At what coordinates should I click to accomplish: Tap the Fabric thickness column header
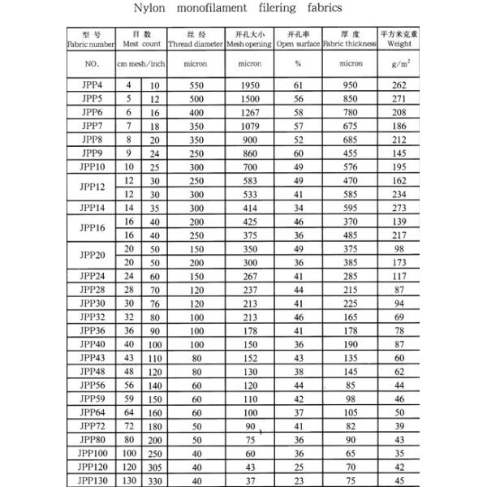[350, 43]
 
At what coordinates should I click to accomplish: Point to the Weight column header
[399, 43]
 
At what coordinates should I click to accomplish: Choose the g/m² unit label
[399, 62]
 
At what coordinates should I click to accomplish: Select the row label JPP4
[92, 84]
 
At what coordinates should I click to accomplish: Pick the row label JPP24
[92, 276]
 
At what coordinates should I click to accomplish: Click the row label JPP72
[92, 425]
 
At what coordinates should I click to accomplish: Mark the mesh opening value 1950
[248, 84]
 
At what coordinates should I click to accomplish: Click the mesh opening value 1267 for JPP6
[248, 111]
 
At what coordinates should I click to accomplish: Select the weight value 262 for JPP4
[399, 84]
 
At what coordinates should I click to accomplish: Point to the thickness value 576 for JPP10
[350, 166]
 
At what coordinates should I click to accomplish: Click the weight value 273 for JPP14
[399, 208]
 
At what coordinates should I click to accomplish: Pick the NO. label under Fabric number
[92, 62]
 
